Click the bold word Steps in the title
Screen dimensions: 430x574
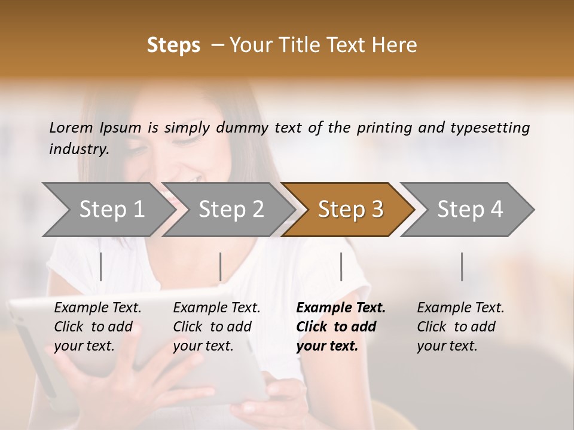[173, 45]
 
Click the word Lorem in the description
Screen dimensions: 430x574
[71, 127]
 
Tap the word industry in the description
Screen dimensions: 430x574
[78, 149]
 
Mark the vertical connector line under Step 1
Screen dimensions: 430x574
[100, 266]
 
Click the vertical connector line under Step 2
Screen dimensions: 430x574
[221, 266]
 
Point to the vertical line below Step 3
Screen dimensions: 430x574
[341, 266]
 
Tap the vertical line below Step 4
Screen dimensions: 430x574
[462, 266]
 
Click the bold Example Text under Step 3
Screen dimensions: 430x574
[341, 308]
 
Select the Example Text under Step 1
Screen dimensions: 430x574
[97, 308]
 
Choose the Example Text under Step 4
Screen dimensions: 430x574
[460, 308]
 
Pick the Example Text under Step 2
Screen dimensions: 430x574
[216, 308]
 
